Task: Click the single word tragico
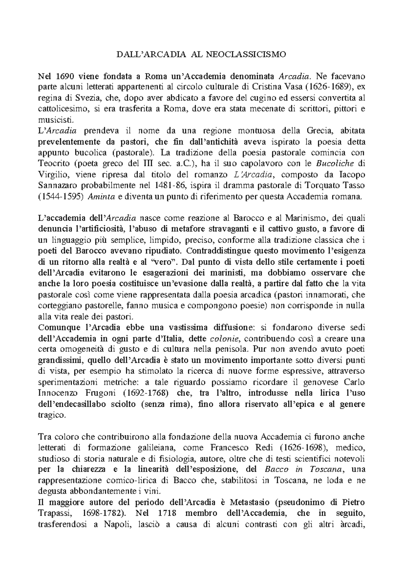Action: pos(51,415)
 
